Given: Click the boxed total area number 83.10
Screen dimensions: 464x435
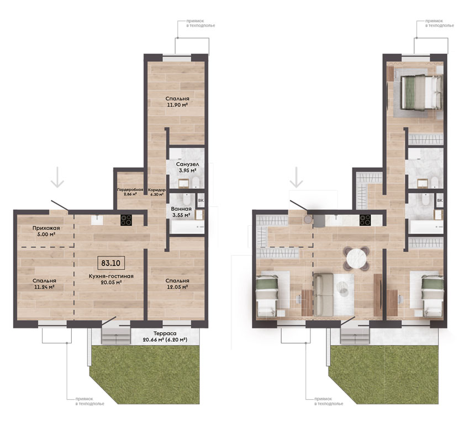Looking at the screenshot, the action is (x=111, y=263).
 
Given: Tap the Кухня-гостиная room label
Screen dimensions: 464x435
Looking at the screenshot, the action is (x=111, y=279).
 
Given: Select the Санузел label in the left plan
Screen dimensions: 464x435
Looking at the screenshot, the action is (x=187, y=167).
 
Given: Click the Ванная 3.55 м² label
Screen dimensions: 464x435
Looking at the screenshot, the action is (x=181, y=212).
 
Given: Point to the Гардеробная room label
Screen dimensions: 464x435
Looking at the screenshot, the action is (x=130, y=192).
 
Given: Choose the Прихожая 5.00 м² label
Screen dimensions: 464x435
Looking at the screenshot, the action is (x=46, y=231).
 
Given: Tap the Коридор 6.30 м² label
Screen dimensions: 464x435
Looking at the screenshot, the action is (x=156, y=192).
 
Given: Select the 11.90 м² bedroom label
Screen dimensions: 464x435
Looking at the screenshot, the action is (x=177, y=102).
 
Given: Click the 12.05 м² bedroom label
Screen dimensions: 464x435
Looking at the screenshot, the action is (x=177, y=284).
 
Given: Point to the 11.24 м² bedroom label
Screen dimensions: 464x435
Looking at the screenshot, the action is (x=44, y=284).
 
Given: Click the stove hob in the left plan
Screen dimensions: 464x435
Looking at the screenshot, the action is (x=126, y=220).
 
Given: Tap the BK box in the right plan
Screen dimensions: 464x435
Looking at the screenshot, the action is (x=440, y=200).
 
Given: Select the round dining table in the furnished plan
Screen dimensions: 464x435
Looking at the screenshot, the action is (x=356, y=259).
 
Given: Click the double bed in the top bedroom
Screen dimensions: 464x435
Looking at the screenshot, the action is (x=421, y=93).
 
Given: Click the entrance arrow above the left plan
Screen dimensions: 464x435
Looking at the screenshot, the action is (x=57, y=177).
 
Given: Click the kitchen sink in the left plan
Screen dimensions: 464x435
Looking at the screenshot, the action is (x=97, y=220).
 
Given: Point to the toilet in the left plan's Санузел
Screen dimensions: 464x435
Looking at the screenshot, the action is (x=196, y=183).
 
